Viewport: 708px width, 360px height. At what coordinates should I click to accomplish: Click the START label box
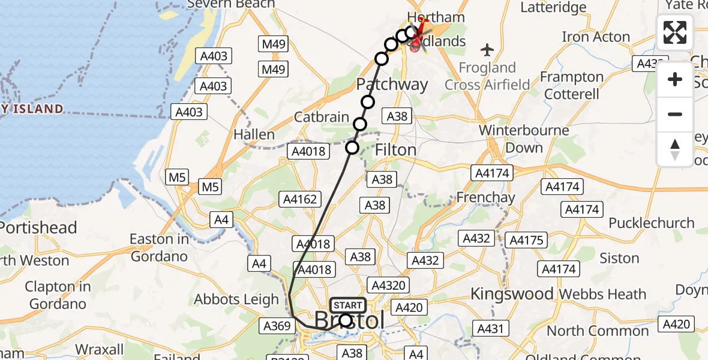pyautogui.click(x=347, y=305)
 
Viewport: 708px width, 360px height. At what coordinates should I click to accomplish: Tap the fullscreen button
pyautogui.click(x=675, y=32)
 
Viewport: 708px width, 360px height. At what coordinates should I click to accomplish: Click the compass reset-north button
pyautogui.click(x=675, y=149)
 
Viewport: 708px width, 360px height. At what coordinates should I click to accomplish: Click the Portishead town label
pyautogui.click(x=38, y=228)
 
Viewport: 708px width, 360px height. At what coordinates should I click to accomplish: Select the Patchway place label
pyautogui.click(x=392, y=84)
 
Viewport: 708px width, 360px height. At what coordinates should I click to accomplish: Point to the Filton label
pyautogui.click(x=395, y=149)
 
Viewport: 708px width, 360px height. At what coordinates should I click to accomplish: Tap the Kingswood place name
pyautogui.click(x=512, y=294)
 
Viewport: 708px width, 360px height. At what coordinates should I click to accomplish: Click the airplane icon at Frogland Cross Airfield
pyautogui.click(x=487, y=49)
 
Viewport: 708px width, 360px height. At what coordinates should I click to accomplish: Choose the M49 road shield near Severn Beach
pyautogui.click(x=274, y=44)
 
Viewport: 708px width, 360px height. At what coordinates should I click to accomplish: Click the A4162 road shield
pyautogui.click(x=300, y=199)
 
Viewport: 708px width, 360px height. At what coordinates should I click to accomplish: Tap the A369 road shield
pyautogui.click(x=277, y=325)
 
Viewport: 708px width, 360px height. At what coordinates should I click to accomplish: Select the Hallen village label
pyautogui.click(x=254, y=134)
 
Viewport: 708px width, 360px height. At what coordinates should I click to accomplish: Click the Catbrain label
pyautogui.click(x=322, y=117)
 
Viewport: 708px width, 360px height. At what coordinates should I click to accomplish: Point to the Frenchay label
pyautogui.click(x=485, y=197)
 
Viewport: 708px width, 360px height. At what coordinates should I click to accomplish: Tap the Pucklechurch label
pyautogui.click(x=652, y=223)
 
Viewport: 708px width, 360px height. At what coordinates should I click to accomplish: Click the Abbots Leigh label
pyautogui.click(x=236, y=299)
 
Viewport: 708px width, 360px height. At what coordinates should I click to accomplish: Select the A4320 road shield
pyautogui.click(x=389, y=286)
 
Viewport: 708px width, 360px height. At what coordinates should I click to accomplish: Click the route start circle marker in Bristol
pyautogui.click(x=346, y=320)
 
